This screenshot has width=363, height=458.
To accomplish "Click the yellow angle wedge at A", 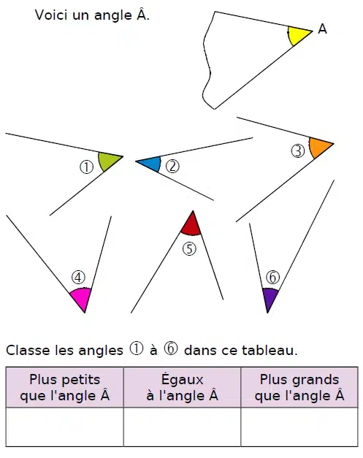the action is (x=298, y=34).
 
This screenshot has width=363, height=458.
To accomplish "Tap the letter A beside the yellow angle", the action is (x=322, y=29).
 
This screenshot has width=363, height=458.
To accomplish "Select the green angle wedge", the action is (x=108, y=161).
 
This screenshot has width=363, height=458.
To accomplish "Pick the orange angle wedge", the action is (x=319, y=147).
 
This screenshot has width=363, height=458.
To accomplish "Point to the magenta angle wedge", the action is (x=81, y=299).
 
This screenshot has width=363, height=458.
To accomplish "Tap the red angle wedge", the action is (x=191, y=225).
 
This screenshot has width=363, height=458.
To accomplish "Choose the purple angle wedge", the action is (x=270, y=299).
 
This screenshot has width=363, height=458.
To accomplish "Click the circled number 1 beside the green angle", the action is (x=86, y=167).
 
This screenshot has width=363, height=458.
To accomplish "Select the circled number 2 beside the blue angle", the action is (x=172, y=167).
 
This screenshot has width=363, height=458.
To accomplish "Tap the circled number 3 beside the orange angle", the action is (x=298, y=151).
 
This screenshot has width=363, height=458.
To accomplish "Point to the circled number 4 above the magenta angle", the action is (x=78, y=277).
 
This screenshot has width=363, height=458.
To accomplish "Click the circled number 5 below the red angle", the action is (x=189, y=249).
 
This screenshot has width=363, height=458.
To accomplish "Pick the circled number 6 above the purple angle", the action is (x=272, y=277).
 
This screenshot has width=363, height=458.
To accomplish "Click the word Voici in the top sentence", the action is (x=51, y=15).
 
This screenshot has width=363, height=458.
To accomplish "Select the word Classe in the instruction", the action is (x=28, y=350).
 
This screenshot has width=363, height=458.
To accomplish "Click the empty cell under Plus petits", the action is (x=64, y=427).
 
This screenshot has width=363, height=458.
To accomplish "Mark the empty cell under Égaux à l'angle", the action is (x=182, y=427).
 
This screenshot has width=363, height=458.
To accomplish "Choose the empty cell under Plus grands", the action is (x=299, y=427).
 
